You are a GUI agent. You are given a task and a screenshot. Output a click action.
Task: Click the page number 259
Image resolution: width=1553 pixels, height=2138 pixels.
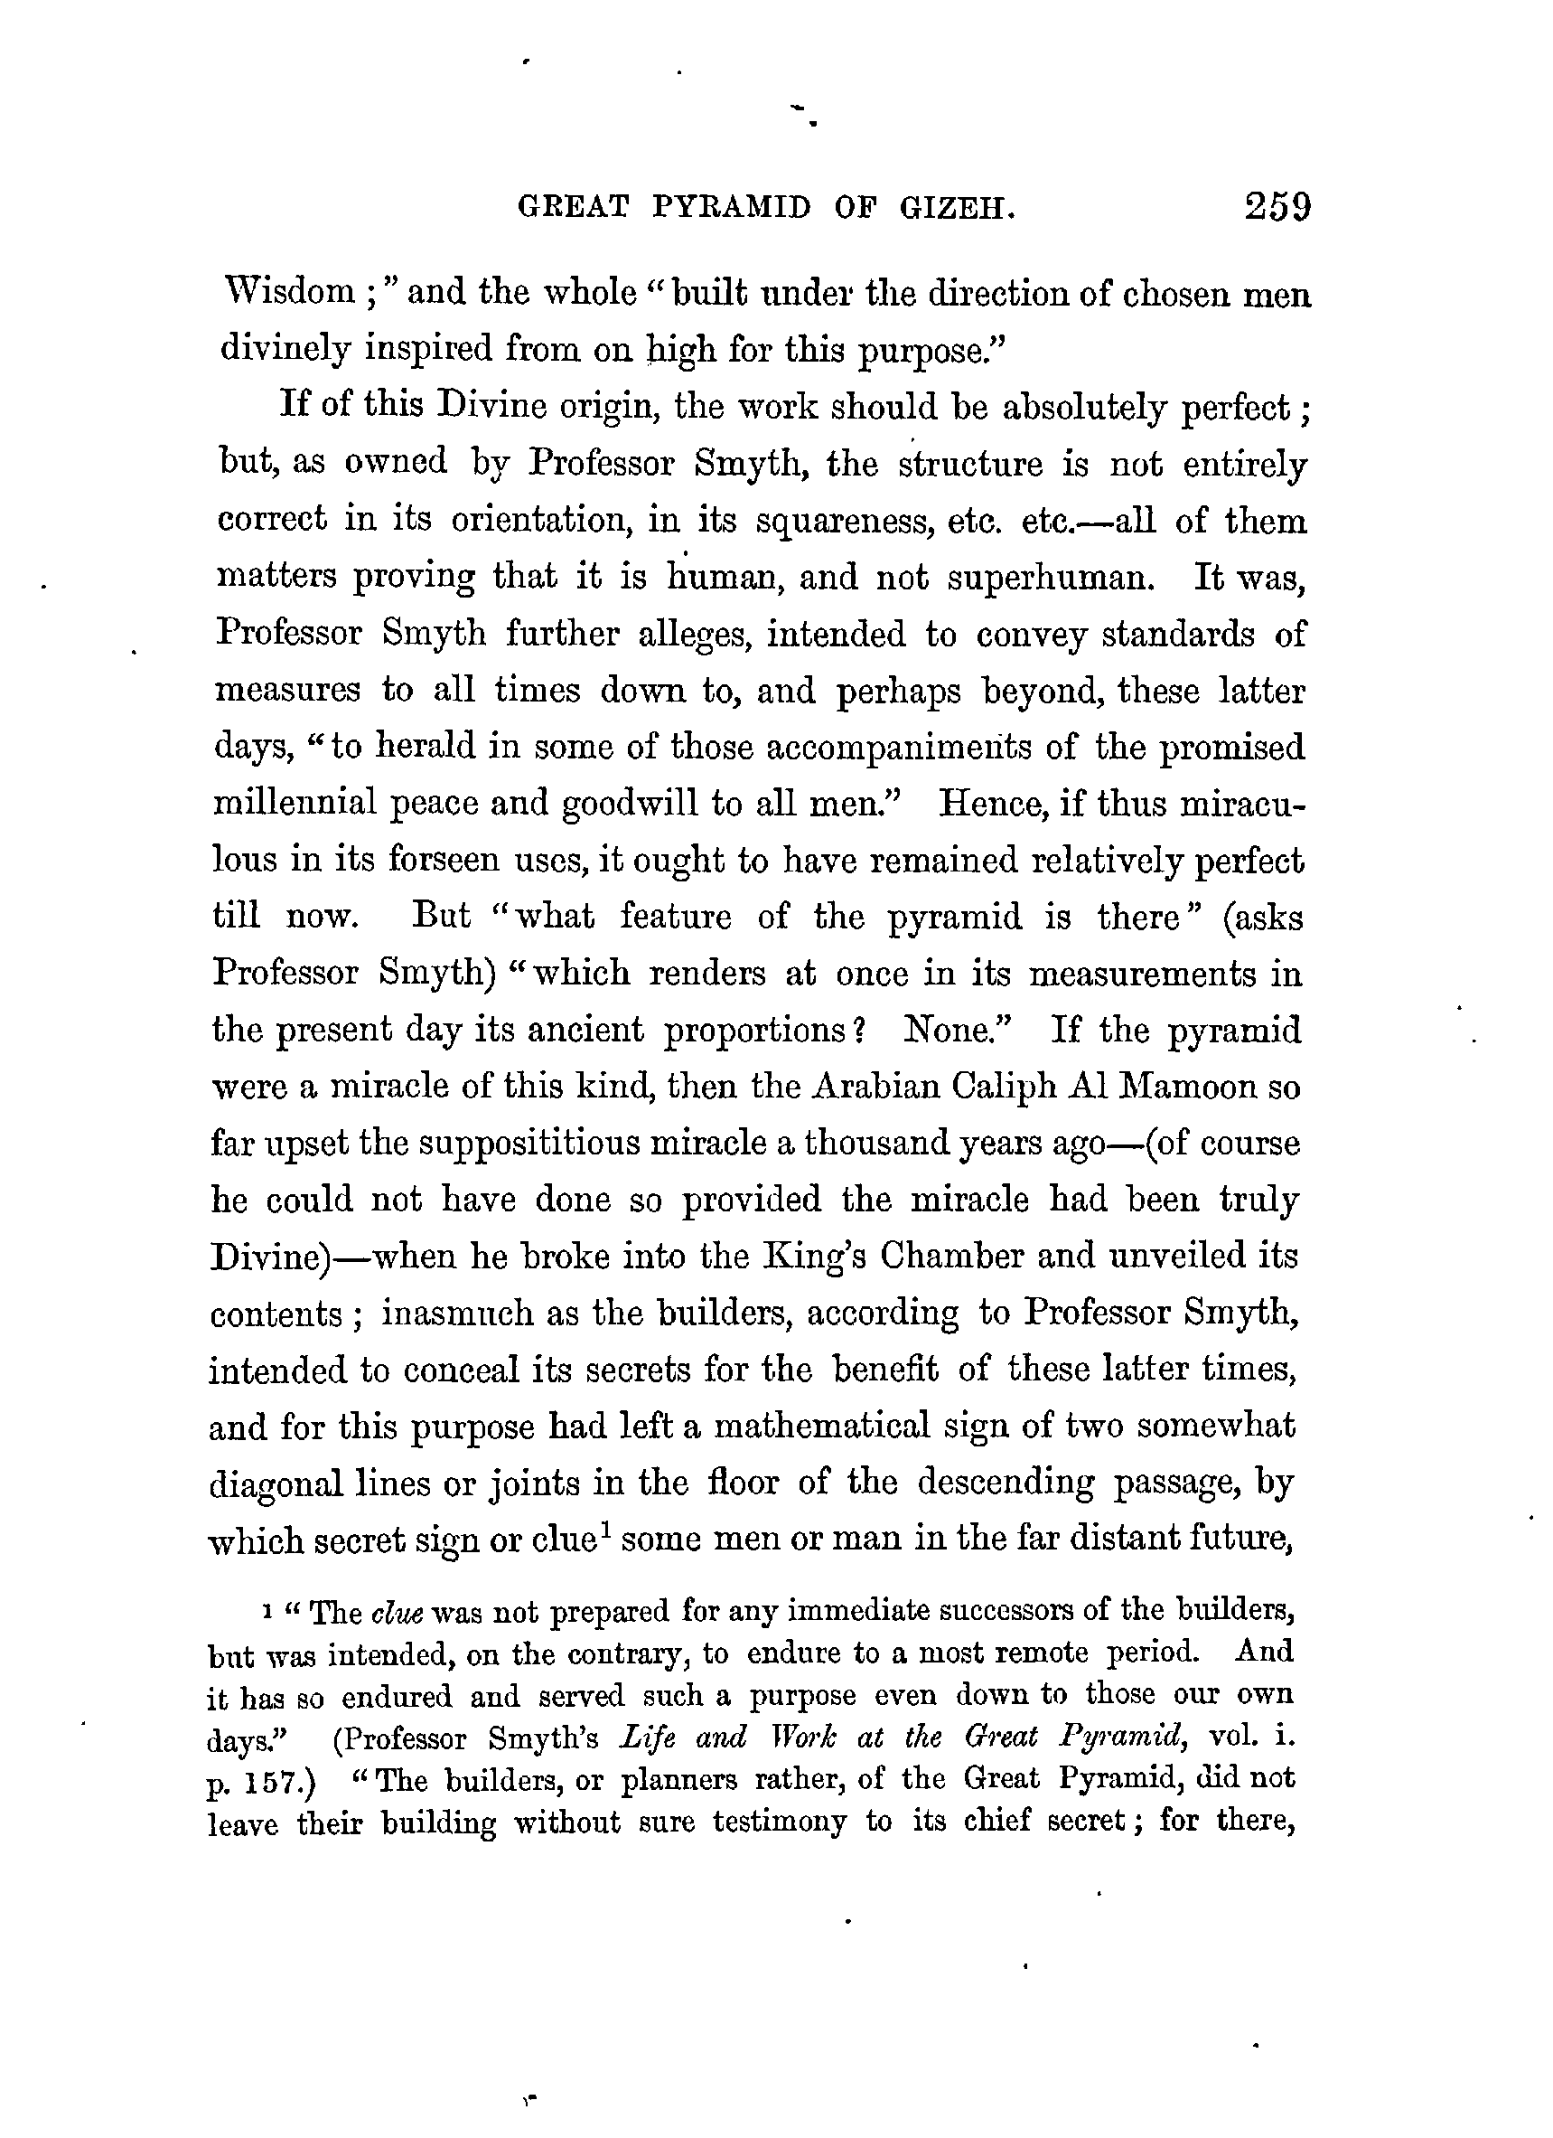[1277, 206]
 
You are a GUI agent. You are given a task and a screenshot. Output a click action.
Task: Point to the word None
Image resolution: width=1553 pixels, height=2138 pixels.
[956, 1030]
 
